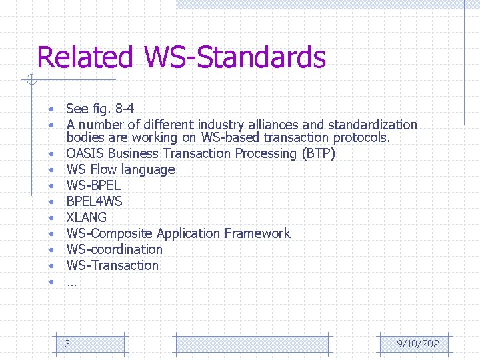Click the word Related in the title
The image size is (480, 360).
[x=85, y=57]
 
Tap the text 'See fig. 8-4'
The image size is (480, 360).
[x=100, y=109]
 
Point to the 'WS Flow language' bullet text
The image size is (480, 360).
[x=120, y=169]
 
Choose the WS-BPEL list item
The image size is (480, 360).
[x=93, y=185]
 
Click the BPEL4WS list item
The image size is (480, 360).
[x=94, y=201]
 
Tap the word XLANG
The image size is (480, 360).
[x=86, y=217]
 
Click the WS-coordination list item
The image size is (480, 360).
[x=114, y=249]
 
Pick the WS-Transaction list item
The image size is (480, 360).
[x=112, y=265]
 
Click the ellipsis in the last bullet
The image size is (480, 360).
[x=71, y=283]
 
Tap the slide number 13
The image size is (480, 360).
[x=65, y=344]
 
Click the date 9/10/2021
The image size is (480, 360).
[x=419, y=344]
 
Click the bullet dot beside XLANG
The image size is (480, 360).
[x=51, y=218]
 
